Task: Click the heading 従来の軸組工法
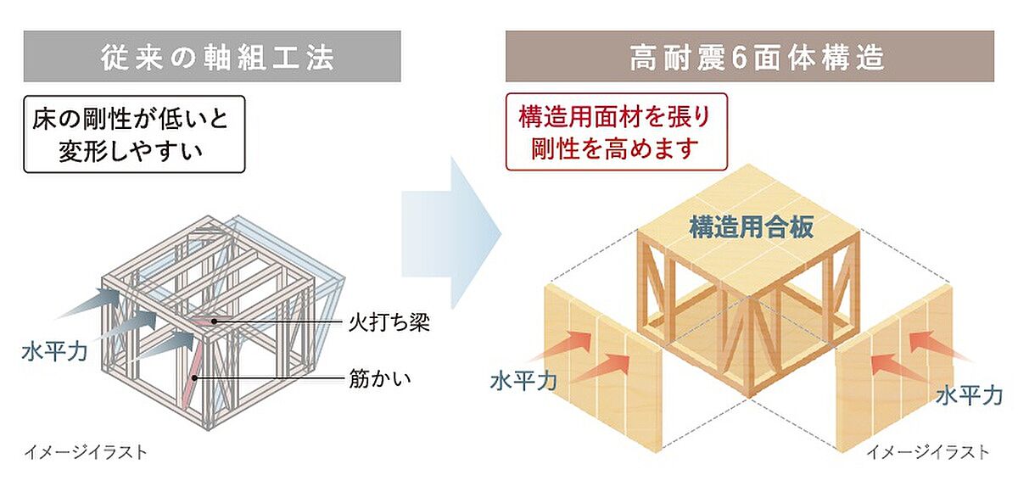point(218,58)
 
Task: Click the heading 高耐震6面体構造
point(757,58)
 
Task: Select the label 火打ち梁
point(389,323)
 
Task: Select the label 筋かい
point(379,378)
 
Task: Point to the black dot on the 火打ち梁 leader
point(214,321)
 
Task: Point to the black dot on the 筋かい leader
point(194,377)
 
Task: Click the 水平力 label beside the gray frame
point(54,352)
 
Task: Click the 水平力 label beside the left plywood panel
point(523,381)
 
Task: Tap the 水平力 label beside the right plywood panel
point(970,396)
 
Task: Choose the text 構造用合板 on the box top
point(752,226)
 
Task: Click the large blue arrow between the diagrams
point(450,233)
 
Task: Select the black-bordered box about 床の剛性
point(134,134)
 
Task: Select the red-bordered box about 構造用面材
point(616,131)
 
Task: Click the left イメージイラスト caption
point(86,452)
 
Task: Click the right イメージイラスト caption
point(927,452)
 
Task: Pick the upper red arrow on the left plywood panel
point(562,348)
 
